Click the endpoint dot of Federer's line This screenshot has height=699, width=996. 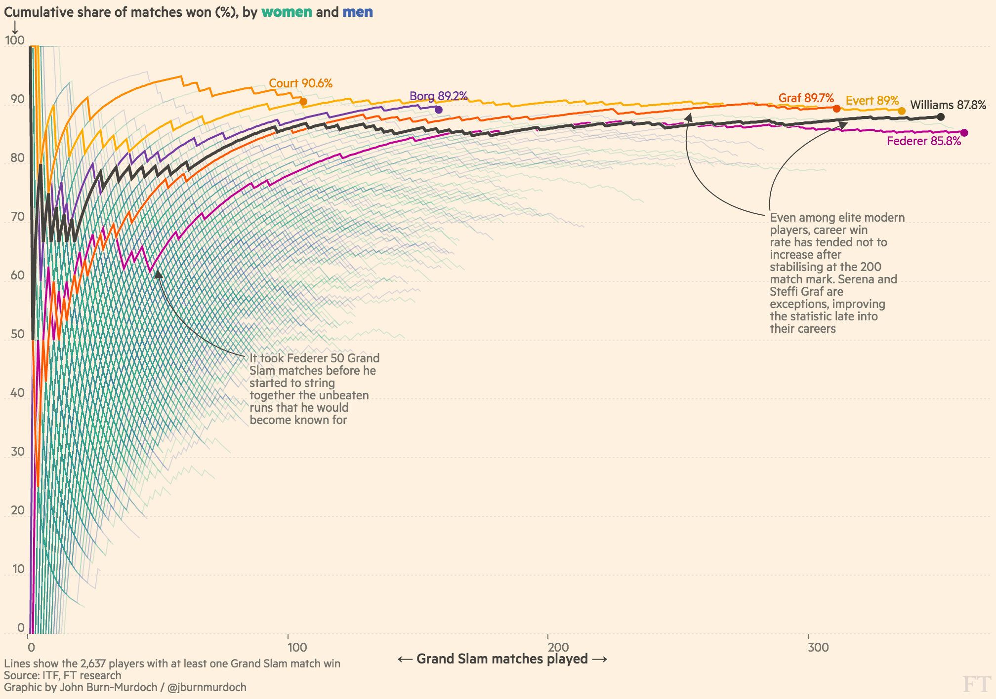point(964,133)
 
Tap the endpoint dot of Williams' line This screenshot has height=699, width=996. point(941,117)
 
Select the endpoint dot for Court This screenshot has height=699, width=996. point(303,102)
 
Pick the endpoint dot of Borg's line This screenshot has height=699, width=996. point(438,110)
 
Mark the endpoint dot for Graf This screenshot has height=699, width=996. point(836,109)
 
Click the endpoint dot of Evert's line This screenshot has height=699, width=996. point(902,111)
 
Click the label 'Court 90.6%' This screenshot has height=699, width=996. point(300,83)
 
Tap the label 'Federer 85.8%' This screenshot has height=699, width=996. point(924,142)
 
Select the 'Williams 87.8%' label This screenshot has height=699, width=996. point(948,105)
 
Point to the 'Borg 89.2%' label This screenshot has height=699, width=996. point(438,96)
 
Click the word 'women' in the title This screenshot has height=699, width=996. point(287,12)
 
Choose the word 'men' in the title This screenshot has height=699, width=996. point(358,12)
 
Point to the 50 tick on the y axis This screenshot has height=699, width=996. point(17,334)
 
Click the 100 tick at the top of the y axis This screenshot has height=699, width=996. point(15,40)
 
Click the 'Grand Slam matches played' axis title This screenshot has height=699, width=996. point(502,659)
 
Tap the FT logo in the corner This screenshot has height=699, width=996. point(977,685)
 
